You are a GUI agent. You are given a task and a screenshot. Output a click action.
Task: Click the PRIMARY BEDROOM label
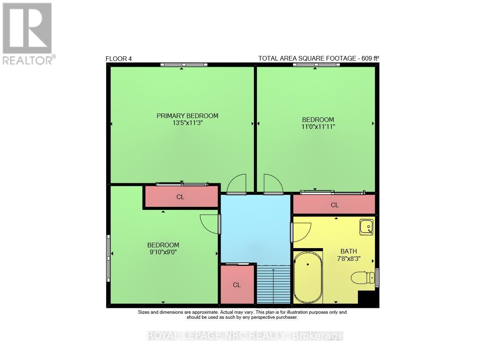[187, 116]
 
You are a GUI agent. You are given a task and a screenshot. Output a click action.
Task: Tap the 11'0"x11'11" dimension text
[318, 127]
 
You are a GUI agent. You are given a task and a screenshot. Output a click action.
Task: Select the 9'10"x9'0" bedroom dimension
[163, 252]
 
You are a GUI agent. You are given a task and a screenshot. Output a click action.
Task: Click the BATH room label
[348, 251]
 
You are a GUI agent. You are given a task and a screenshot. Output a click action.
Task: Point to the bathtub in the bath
[308, 277]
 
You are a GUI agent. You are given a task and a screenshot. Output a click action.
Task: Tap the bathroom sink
[367, 227]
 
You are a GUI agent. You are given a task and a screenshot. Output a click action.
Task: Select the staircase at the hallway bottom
[273, 284]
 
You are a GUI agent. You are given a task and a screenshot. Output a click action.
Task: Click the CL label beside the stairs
[237, 285]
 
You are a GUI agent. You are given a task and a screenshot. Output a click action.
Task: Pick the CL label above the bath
[335, 205]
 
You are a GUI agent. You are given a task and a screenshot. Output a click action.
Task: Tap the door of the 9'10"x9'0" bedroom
[211, 224]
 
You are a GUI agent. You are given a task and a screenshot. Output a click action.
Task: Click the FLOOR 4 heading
[119, 59]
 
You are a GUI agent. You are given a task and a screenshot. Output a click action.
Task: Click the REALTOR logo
[28, 33]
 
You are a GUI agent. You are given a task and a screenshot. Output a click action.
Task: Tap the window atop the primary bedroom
[184, 64]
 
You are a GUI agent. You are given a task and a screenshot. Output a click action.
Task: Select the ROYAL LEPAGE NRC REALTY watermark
[245, 336]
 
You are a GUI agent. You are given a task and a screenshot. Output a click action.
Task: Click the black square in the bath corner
[367, 298]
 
